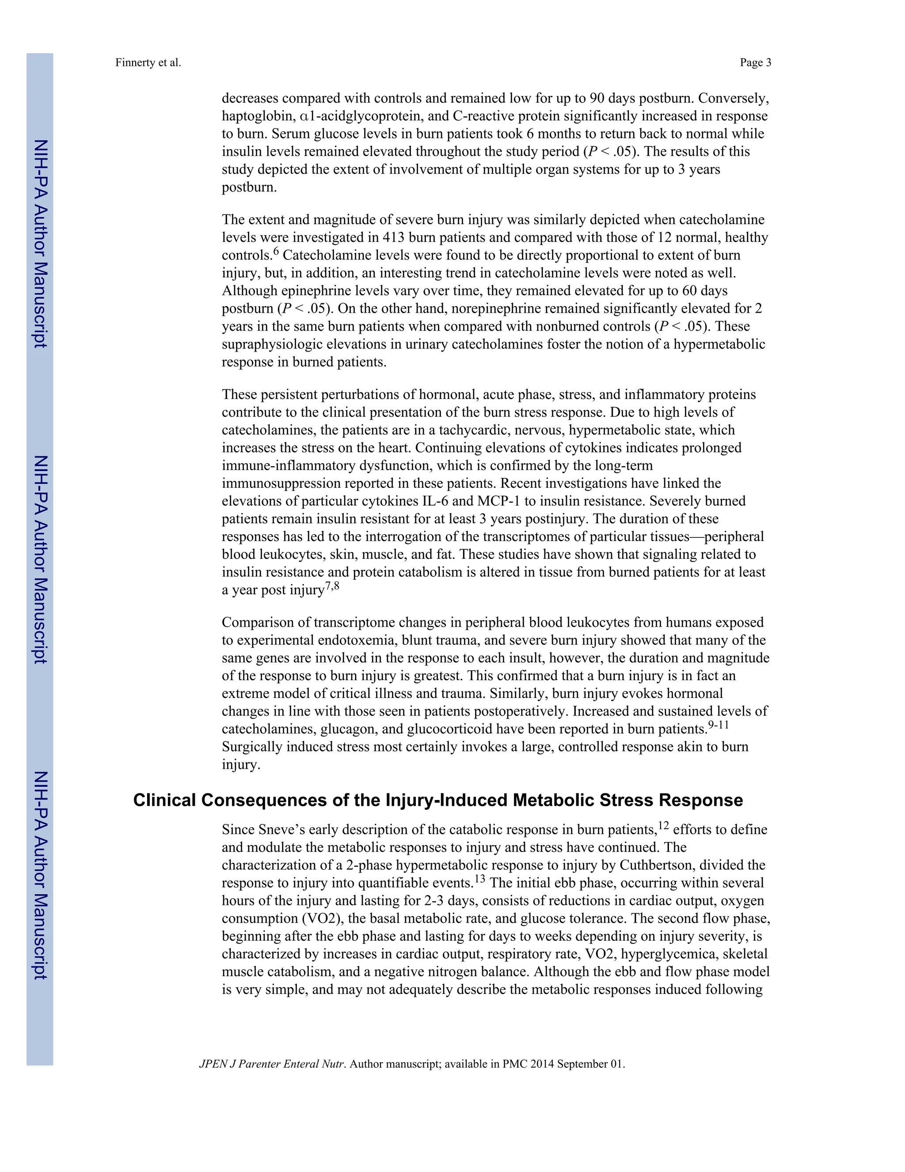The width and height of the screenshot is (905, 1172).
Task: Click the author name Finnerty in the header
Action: point(135,63)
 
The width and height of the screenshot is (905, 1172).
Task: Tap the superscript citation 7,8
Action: point(332,586)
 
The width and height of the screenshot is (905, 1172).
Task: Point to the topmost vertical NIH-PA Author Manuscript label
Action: point(40,244)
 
